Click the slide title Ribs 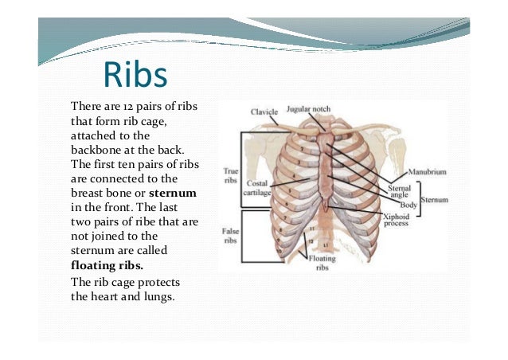tap(135, 76)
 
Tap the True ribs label tap(230, 175)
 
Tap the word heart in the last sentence tap(106, 298)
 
